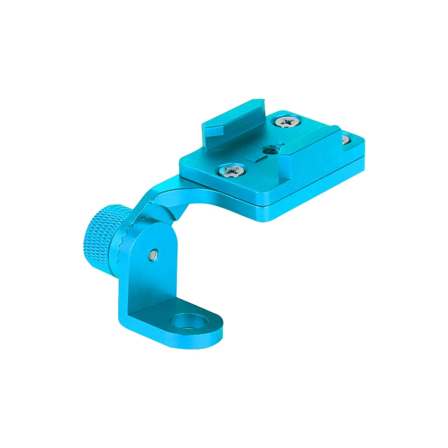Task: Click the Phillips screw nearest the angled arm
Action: (x=231, y=171)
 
